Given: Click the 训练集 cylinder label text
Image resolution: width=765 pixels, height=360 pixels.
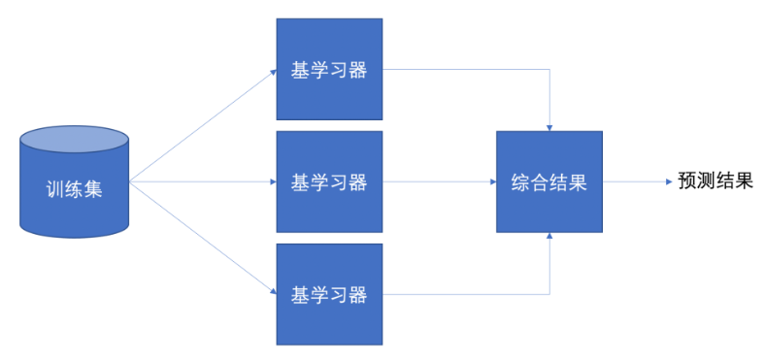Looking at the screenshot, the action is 74,189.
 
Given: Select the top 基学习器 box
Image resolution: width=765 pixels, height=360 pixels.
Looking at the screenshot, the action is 329,69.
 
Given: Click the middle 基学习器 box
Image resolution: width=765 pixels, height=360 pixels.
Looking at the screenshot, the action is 329,181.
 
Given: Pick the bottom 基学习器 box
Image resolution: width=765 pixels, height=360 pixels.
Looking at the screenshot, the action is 329,295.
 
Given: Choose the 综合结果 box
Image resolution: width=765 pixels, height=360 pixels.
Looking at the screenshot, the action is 549,181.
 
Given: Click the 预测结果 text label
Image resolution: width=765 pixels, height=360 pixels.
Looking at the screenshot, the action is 716,181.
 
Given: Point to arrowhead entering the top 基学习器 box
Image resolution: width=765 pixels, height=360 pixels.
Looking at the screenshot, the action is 273,72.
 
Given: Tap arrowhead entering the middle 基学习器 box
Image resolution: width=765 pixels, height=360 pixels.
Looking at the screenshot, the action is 273,182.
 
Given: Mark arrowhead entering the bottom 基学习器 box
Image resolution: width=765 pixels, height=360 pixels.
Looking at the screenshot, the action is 273,292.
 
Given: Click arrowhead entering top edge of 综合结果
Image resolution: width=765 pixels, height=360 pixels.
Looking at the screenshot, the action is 549,128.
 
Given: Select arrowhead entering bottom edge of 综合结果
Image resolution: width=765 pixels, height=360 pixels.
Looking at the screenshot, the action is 549,236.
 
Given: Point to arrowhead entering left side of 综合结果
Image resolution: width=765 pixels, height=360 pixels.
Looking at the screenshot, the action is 493,182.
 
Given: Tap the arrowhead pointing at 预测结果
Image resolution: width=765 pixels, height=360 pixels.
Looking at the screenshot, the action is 670,182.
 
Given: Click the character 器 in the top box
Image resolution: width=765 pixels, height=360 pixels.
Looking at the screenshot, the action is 357,70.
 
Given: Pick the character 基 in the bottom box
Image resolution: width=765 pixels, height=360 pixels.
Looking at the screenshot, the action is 301,295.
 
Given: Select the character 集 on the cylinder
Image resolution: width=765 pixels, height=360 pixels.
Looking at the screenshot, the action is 93,189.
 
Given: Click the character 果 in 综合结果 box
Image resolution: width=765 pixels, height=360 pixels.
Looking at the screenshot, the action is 578,182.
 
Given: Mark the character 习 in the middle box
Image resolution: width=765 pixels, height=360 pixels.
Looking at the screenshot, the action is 339,182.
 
